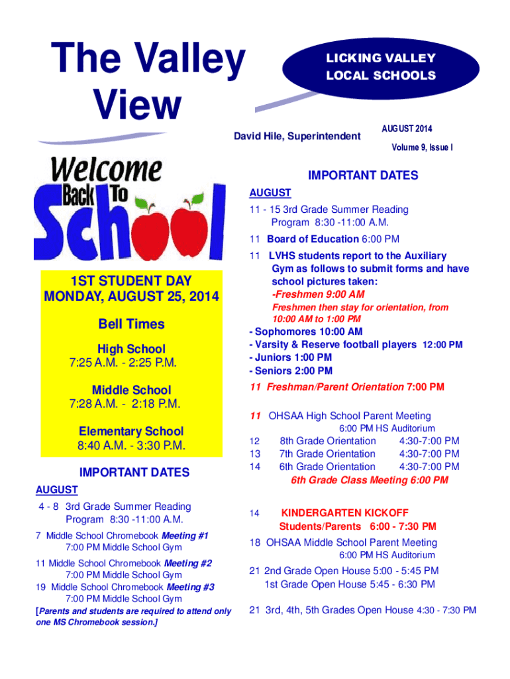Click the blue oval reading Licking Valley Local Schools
(x=380, y=67)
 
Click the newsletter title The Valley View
(x=149, y=81)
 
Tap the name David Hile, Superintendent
(x=297, y=137)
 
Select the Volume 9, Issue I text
(x=415, y=149)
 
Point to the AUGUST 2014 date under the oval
(x=407, y=128)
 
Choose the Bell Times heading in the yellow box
(x=131, y=324)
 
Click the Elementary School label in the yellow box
(x=131, y=431)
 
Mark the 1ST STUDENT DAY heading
(x=131, y=282)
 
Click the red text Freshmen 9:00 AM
(x=318, y=294)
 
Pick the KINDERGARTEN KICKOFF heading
(x=345, y=513)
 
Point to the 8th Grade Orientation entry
(x=328, y=441)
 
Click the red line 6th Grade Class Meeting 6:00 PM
(x=369, y=480)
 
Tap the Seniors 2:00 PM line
(x=291, y=371)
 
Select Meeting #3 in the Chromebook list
(x=190, y=587)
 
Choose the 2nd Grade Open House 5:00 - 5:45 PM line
(x=344, y=571)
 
